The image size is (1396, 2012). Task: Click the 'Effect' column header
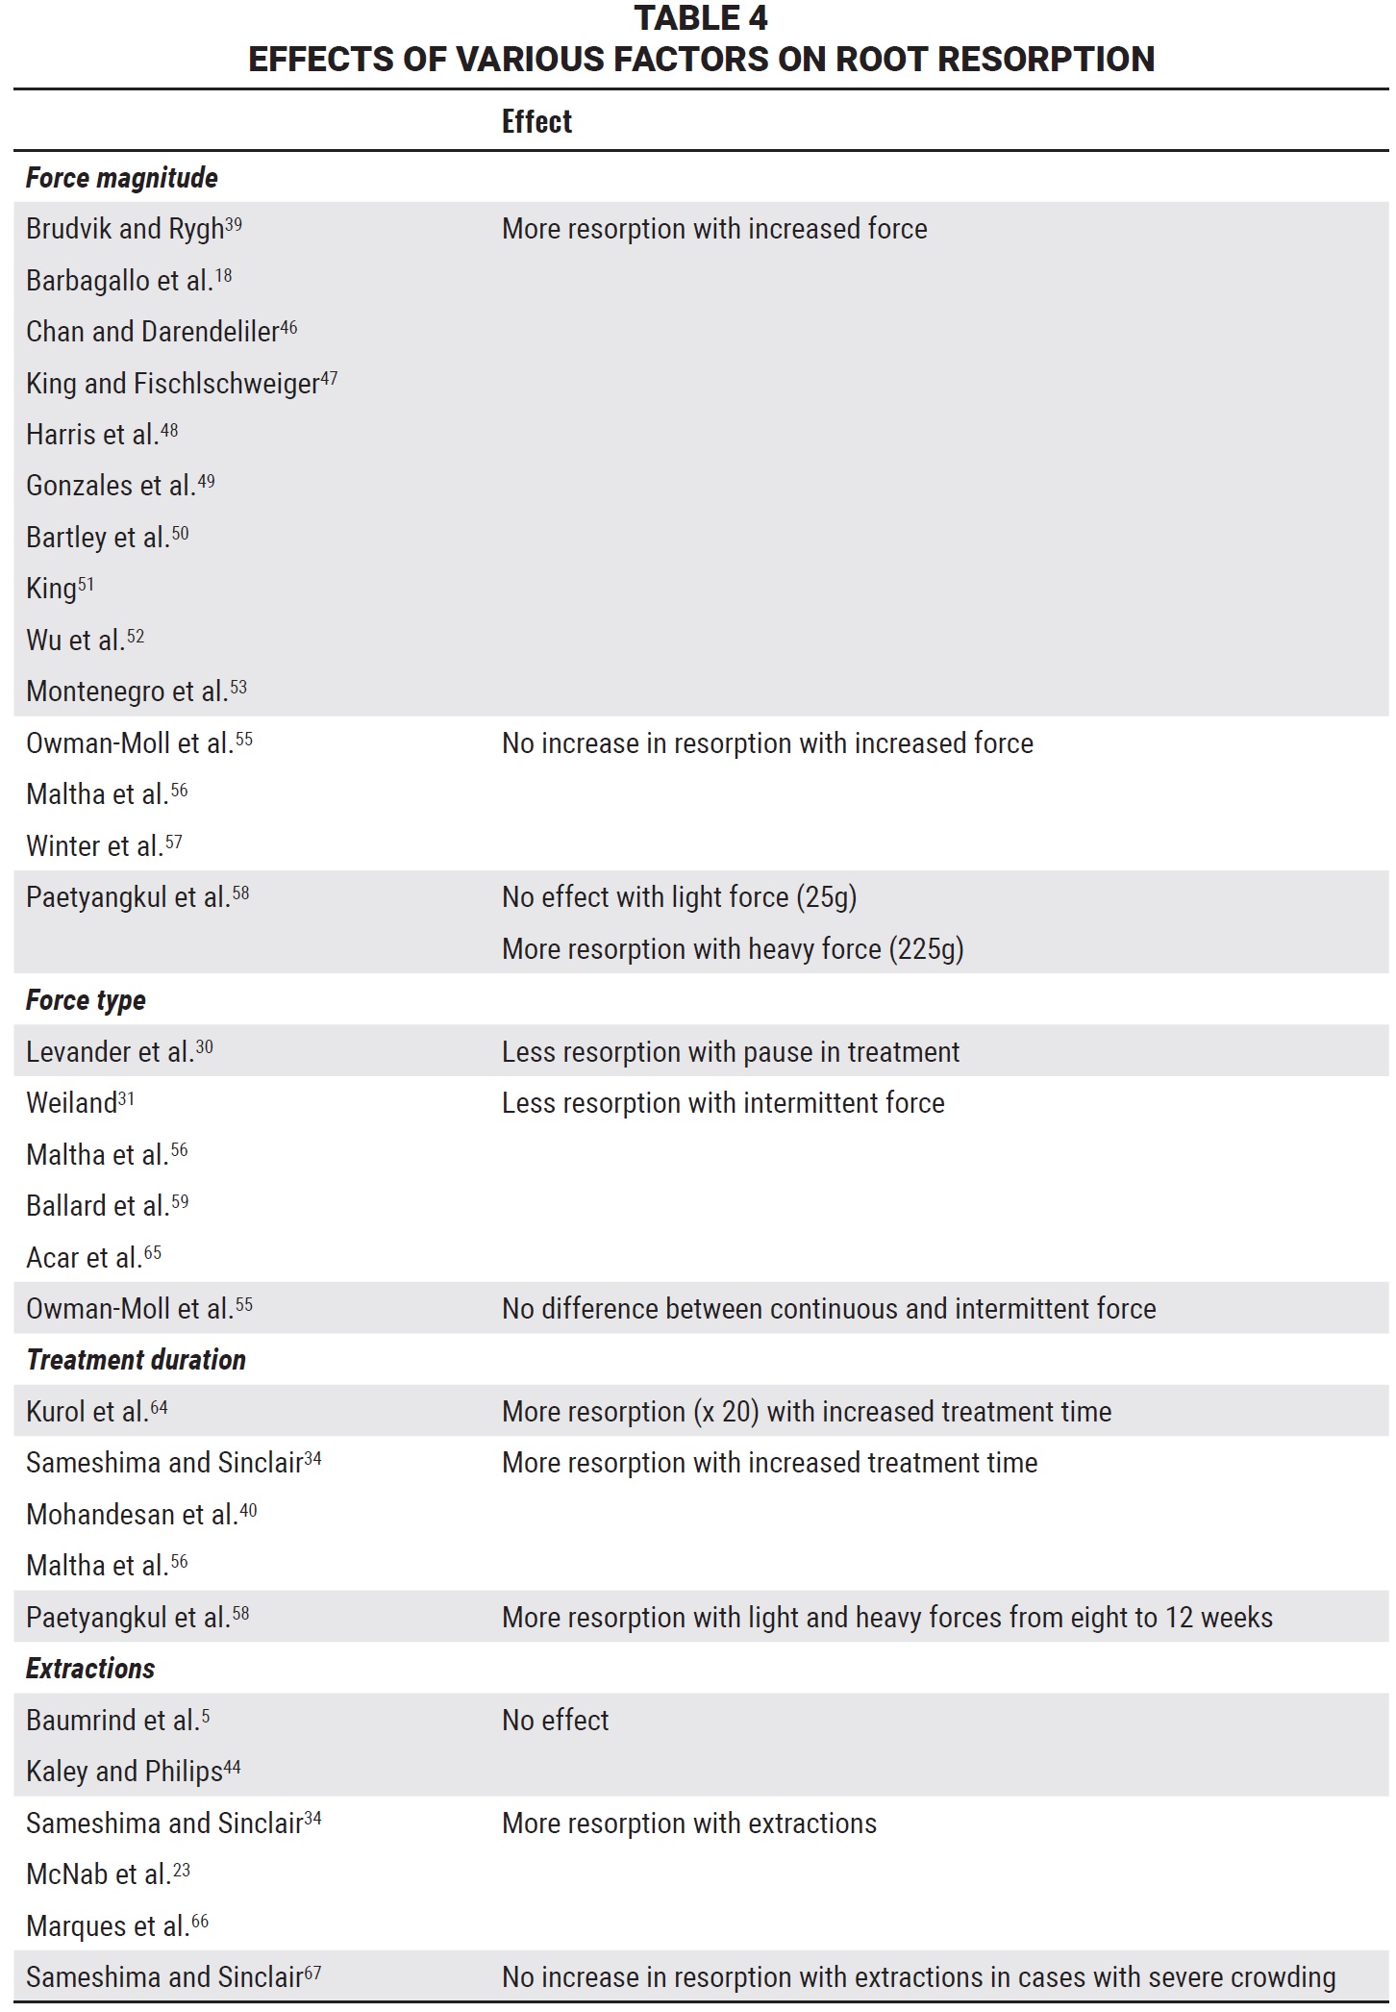tap(536, 122)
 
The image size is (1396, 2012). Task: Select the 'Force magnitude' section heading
tap(121, 178)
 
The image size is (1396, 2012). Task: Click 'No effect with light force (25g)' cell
tap(679, 897)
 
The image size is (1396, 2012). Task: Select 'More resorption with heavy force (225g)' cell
tap(733, 949)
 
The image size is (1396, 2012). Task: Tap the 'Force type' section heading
tap(86, 1000)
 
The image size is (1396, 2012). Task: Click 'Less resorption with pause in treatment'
tap(731, 1052)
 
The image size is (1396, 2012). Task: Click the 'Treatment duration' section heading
tap(136, 1360)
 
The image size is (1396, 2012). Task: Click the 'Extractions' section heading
tap(90, 1669)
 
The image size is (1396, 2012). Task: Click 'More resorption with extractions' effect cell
tap(689, 1823)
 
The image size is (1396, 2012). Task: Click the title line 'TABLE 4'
tap(701, 18)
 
